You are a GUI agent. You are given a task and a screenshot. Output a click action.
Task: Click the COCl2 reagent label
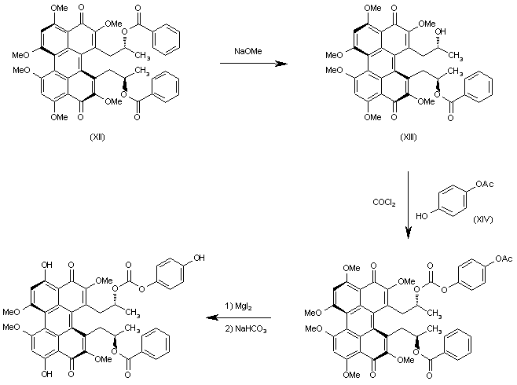(x=383, y=203)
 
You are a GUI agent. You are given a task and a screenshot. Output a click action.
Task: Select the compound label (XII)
(x=98, y=137)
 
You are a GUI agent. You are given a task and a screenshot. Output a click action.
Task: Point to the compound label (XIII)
(x=407, y=137)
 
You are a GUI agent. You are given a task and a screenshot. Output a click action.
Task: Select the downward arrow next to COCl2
(x=409, y=204)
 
